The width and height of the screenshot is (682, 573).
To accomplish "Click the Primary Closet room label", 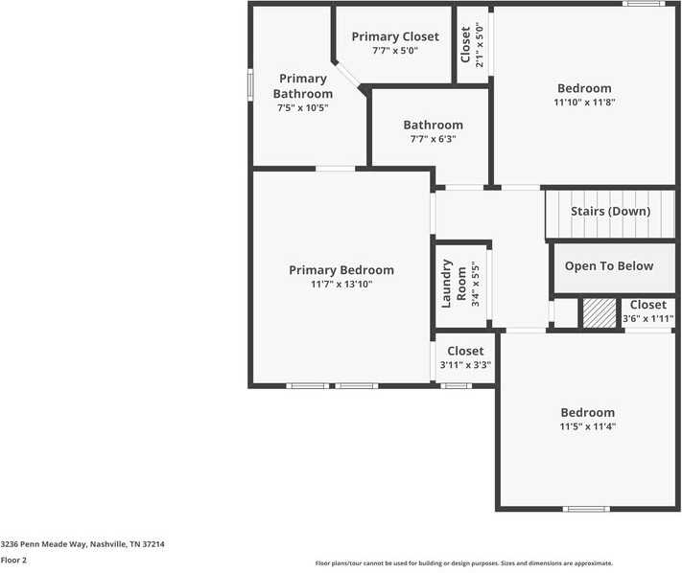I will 394,36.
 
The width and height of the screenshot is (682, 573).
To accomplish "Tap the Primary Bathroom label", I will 303,86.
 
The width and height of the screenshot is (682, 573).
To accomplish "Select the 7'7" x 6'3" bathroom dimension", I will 433,139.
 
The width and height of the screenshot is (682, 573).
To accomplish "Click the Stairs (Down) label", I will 610,211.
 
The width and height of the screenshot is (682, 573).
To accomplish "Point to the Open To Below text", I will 608,266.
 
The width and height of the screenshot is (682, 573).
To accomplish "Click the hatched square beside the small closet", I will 600,313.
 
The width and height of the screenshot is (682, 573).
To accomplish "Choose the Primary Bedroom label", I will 341,270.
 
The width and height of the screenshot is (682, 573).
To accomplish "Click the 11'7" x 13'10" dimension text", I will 341,285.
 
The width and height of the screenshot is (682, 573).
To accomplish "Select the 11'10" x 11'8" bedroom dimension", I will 584,103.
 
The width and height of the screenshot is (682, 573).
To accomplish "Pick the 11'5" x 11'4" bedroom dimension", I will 588,426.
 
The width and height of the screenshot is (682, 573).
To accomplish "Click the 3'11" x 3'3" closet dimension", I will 465,365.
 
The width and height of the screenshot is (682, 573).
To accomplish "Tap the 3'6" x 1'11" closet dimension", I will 647,319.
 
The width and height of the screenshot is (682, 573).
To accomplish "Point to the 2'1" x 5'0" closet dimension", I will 479,43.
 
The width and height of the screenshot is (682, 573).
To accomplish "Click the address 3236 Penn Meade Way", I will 82,544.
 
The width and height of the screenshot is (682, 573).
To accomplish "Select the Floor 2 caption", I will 13,561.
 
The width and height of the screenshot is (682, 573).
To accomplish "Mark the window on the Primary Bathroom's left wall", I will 250,82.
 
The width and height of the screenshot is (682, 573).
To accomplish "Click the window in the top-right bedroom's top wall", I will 643,4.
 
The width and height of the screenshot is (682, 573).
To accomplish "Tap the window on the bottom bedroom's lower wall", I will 586,509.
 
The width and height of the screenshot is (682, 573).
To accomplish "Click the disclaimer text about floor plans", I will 464,563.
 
